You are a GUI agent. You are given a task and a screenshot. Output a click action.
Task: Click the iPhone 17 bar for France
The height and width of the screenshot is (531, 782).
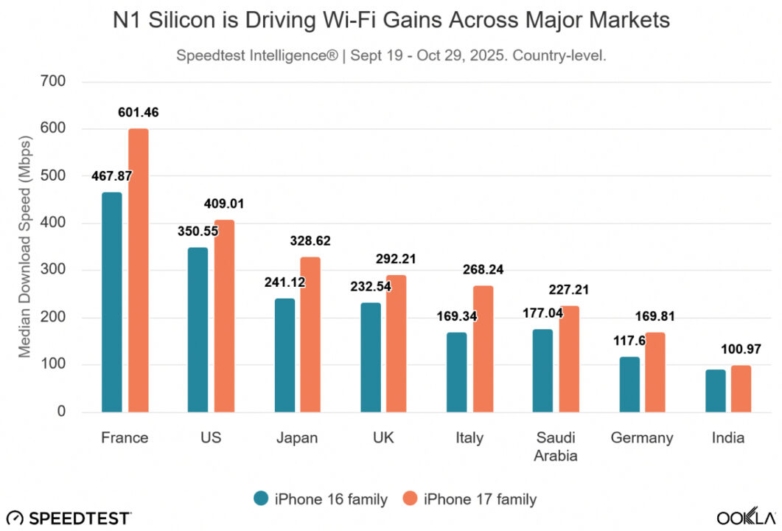[x=139, y=271]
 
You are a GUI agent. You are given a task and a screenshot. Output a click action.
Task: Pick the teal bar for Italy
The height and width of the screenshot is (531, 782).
[x=456, y=372]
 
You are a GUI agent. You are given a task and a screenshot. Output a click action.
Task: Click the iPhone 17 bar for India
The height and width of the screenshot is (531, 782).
[x=741, y=389]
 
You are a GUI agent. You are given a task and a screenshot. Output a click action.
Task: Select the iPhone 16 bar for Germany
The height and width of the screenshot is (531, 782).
[x=629, y=384]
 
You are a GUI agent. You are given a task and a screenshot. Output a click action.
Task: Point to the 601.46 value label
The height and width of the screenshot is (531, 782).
[x=139, y=113]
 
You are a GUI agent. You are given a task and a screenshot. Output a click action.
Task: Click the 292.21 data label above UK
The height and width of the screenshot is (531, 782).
[x=397, y=259]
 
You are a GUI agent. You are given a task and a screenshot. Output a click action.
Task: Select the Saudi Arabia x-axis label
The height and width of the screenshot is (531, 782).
[x=556, y=446]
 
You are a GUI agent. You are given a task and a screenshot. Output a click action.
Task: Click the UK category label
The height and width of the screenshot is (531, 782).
[x=383, y=437]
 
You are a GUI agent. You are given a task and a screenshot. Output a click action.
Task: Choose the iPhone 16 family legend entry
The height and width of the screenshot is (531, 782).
[x=320, y=499]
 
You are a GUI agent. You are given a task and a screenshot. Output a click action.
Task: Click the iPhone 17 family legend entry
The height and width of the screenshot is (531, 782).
[x=469, y=499]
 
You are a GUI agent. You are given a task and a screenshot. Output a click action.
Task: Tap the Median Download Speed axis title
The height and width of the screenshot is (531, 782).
[x=25, y=247]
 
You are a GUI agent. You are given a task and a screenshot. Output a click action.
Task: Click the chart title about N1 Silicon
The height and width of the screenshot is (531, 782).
[x=391, y=21]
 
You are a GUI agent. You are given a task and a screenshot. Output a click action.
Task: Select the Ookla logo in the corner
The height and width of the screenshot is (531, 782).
[x=746, y=516]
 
